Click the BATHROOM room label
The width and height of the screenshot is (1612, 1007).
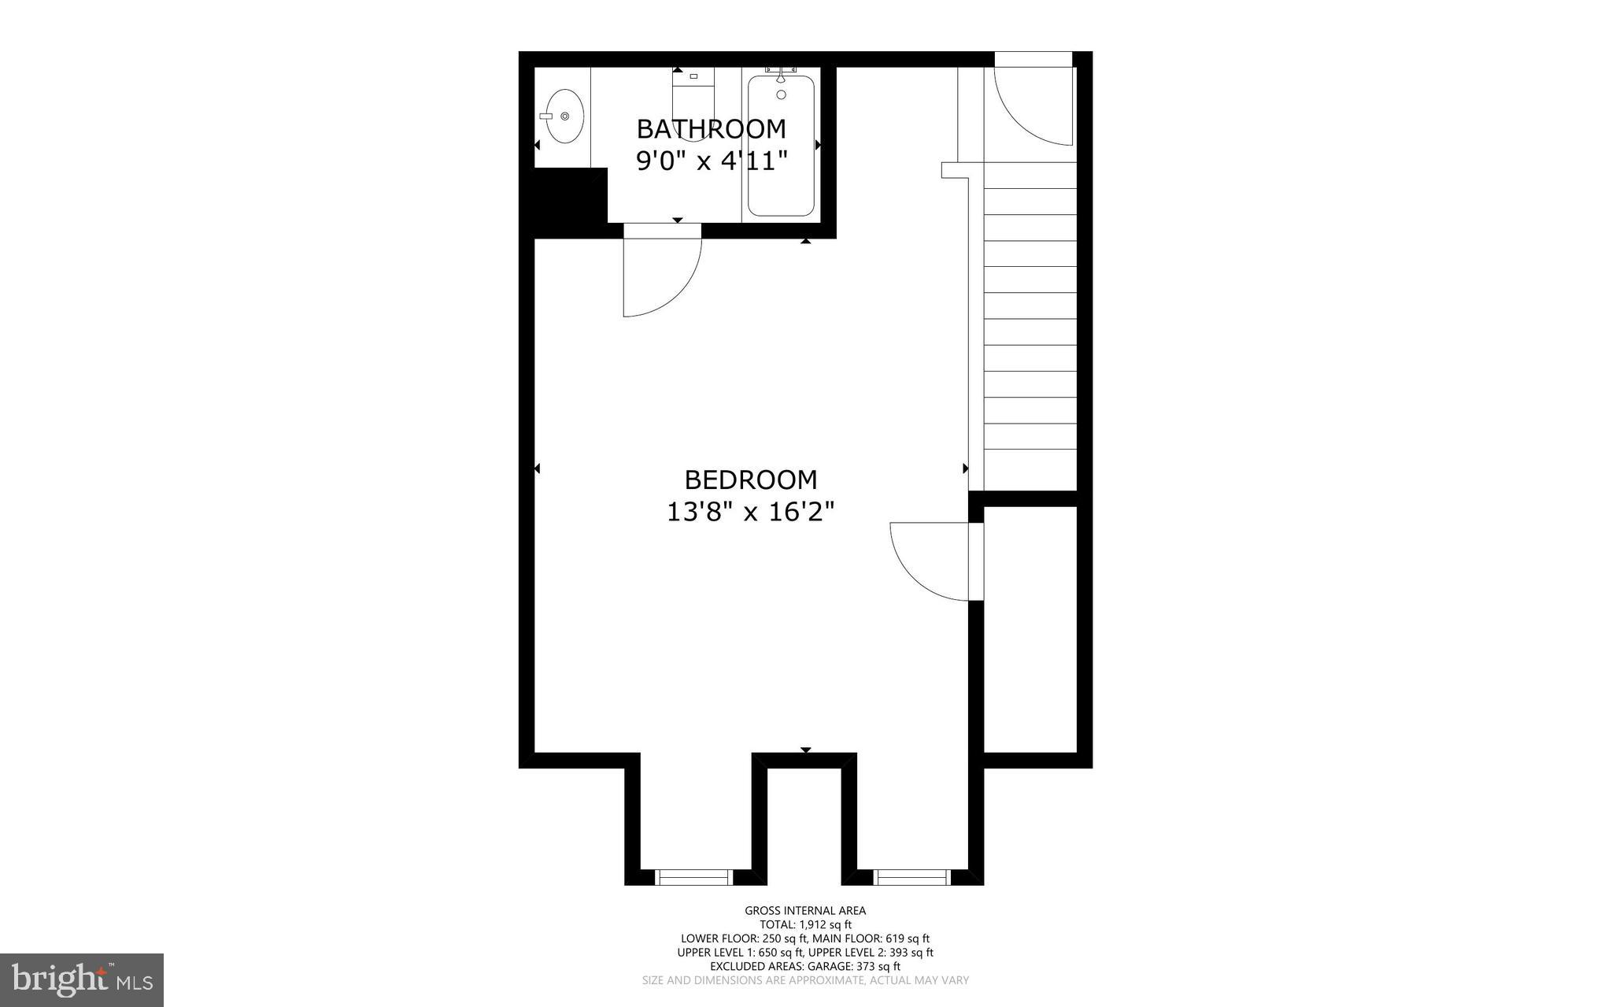tap(711, 128)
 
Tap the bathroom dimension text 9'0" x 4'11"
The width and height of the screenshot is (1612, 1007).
tap(712, 161)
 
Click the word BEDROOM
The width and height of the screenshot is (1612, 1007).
tap(750, 479)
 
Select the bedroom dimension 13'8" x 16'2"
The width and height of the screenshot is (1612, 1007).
tap(750, 513)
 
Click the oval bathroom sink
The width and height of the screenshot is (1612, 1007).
tap(565, 117)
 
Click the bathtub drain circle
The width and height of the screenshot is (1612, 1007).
tap(781, 94)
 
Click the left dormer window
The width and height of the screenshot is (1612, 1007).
tap(693, 877)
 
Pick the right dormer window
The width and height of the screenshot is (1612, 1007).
tap(911, 877)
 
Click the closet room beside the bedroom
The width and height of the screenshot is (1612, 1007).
tap(1030, 630)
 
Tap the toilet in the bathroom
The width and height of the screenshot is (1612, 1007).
tap(693, 102)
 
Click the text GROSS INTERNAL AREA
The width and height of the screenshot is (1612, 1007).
tap(805, 911)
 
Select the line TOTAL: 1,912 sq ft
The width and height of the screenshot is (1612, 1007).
tap(805, 925)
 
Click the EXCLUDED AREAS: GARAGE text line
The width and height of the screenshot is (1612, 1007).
tap(805, 966)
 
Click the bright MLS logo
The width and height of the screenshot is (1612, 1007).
tap(82, 979)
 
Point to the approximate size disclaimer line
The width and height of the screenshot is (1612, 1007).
tap(805, 980)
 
